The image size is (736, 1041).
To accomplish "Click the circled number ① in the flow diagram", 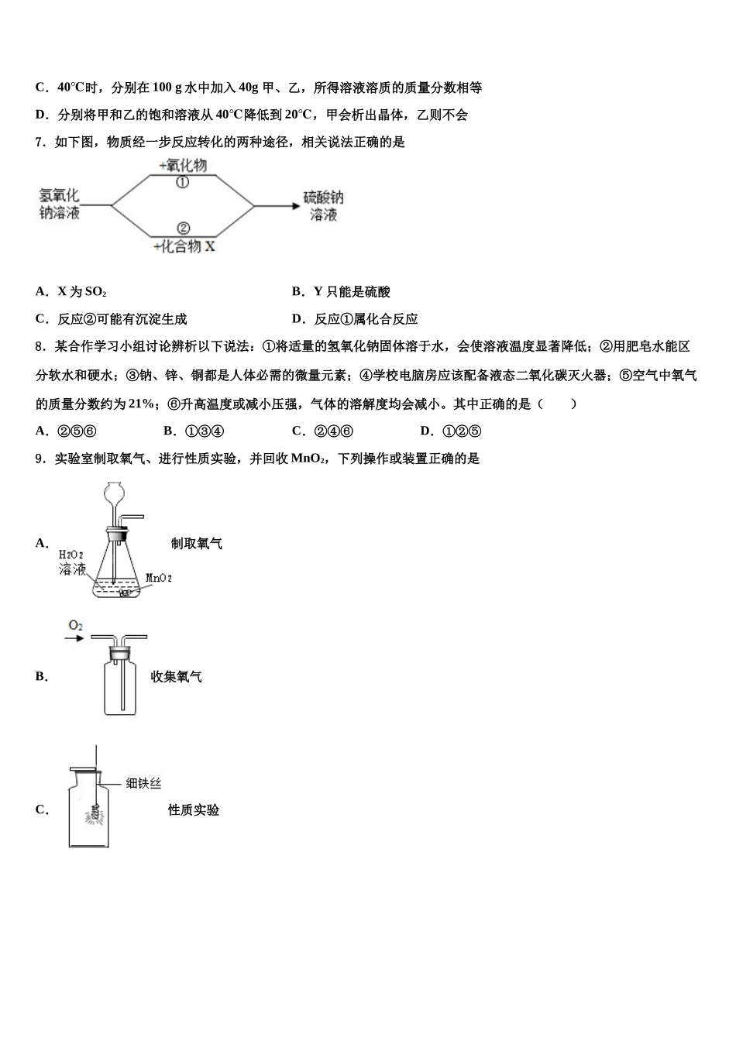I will pyautogui.click(x=183, y=183).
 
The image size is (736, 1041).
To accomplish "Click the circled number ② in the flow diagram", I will pyautogui.click(x=184, y=228).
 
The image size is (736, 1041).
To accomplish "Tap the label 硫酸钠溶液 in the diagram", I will pyautogui.click(x=323, y=206).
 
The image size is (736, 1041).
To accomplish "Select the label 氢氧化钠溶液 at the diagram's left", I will pyautogui.click(x=60, y=204).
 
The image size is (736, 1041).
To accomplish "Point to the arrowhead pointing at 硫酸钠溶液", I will pyautogui.click(x=294, y=206).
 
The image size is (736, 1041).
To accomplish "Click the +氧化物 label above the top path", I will pyautogui.click(x=183, y=165).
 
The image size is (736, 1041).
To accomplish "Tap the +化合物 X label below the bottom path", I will pyautogui.click(x=184, y=246).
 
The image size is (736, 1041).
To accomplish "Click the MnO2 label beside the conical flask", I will pyautogui.click(x=159, y=578).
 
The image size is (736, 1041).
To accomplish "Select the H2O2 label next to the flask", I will pyautogui.click(x=71, y=555).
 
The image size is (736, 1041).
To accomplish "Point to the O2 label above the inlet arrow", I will pyautogui.click(x=75, y=625).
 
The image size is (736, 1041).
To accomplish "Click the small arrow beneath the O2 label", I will pyautogui.click(x=74, y=638).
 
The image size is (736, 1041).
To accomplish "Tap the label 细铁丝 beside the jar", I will pyautogui.click(x=143, y=784).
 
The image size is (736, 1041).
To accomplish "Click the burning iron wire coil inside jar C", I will pyautogui.click(x=96, y=814).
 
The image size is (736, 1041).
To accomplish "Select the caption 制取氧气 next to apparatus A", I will pyautogui.click(x=197, y=544).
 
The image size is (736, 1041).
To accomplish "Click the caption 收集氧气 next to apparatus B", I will pyautogui.click(x=177, y=677).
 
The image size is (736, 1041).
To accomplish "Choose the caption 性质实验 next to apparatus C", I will pyautogui.click(x=194, y=810).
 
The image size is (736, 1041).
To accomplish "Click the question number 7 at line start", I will pyautogui.click(x=40, y=143).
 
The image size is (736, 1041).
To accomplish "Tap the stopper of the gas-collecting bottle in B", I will pyautogui.click(x=119, y=654).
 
